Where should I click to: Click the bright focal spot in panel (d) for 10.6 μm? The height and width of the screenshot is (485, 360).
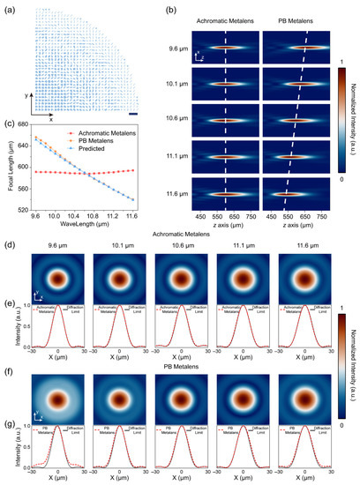(x=180, y=279)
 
